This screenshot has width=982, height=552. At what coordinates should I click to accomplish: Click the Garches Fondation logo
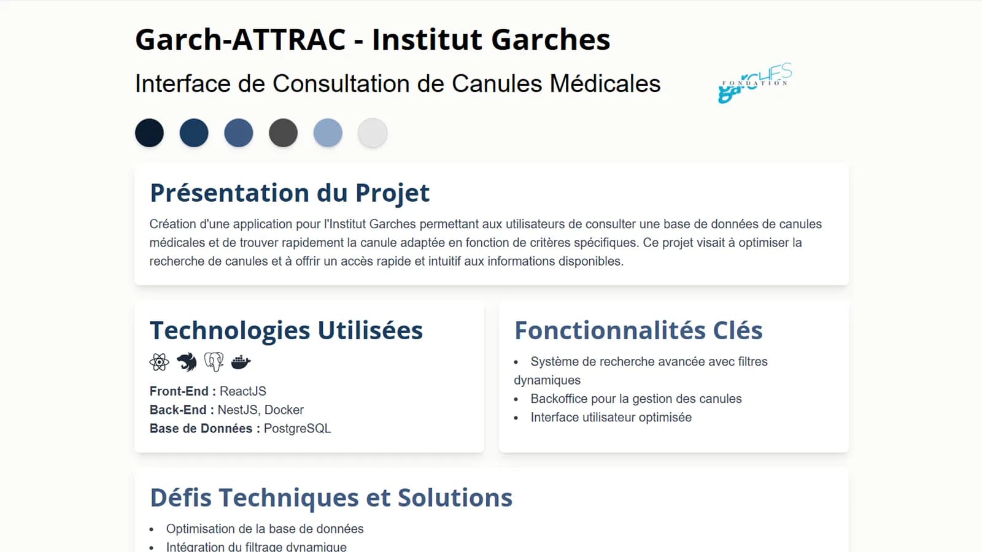[x=755, y=83]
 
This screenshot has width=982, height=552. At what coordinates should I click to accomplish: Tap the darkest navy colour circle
[x=150, y=132]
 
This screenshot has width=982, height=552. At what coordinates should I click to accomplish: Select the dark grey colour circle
[x=283, y=132]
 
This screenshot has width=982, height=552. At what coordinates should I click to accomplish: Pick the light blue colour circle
[x=328, y=132]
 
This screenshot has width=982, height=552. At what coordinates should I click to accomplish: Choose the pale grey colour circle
[x=372, y=132]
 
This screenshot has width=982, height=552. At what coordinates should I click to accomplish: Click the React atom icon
[x=159, y=362]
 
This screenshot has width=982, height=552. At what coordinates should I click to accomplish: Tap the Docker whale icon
[x=241, y=362]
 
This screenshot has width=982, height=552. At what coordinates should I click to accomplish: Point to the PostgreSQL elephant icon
[x=214, y=362]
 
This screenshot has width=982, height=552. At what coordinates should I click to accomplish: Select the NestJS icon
[x=187, y=362]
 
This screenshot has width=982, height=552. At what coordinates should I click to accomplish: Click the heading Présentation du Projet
[x=290, y=193]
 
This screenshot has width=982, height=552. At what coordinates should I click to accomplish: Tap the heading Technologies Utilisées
[x=286, y=331]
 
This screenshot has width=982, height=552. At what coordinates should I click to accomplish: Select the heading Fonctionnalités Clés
[x=638, y=331]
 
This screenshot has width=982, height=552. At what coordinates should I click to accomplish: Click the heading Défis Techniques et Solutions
[x=331, y=497]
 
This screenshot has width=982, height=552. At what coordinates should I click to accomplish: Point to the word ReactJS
[x=243, y=391]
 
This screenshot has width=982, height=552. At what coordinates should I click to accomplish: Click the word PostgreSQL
[x=297, y=429]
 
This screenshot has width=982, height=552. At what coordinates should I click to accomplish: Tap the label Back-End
[x=178, y=410]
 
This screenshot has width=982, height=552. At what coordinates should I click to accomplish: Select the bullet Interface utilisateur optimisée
[x=611, y=418]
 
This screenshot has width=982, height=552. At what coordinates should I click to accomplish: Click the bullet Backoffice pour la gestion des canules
[x=636, y=399]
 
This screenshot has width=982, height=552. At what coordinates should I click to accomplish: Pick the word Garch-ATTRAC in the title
[x=241, y=39]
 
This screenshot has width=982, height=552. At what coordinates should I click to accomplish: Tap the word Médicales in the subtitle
[x=605, y=83]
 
